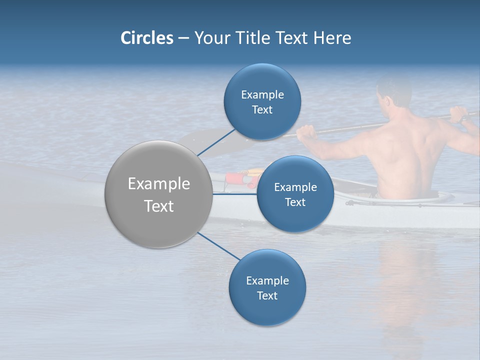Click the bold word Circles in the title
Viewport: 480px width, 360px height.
[146, 38]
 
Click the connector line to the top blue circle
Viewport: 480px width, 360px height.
[216, 142]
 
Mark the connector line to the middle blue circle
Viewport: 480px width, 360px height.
[235, 194]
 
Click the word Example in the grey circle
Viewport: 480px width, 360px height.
[158, 184]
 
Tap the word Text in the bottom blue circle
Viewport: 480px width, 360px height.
[267, 295]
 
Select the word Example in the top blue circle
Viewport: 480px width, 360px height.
[262, 94]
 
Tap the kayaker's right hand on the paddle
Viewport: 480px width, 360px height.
[458, 114]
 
